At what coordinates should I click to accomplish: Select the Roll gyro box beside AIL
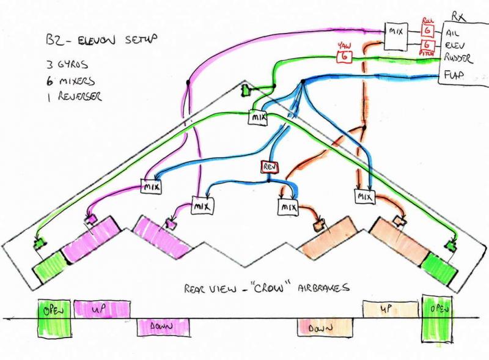click(428, 29)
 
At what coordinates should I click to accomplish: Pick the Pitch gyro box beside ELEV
click(428, 45)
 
